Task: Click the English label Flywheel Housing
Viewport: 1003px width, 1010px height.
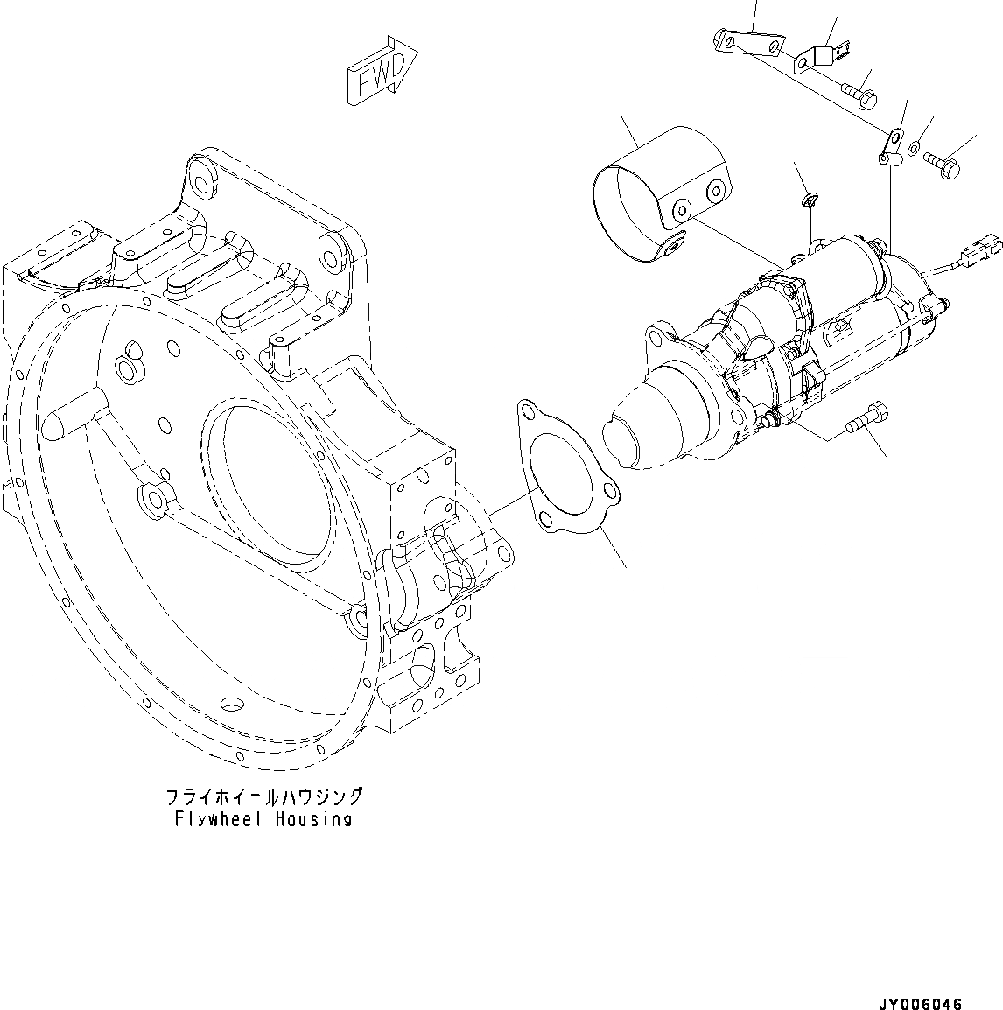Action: tap(263, 820)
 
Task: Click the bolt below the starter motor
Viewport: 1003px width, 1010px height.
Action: tap(866, 418)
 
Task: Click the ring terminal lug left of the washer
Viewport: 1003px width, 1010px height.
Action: tap(889, 145)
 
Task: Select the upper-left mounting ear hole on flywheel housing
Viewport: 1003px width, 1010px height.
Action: tap(200, 183)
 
